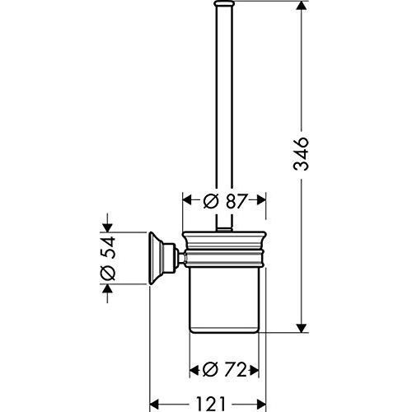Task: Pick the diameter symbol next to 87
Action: [x=211, y=200]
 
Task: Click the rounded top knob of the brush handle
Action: [x=222, y=7]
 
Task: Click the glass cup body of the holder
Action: [x=224, y=301]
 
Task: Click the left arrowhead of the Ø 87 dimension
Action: [x=185, y=200]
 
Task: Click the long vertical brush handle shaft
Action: [x=222, y=115]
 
